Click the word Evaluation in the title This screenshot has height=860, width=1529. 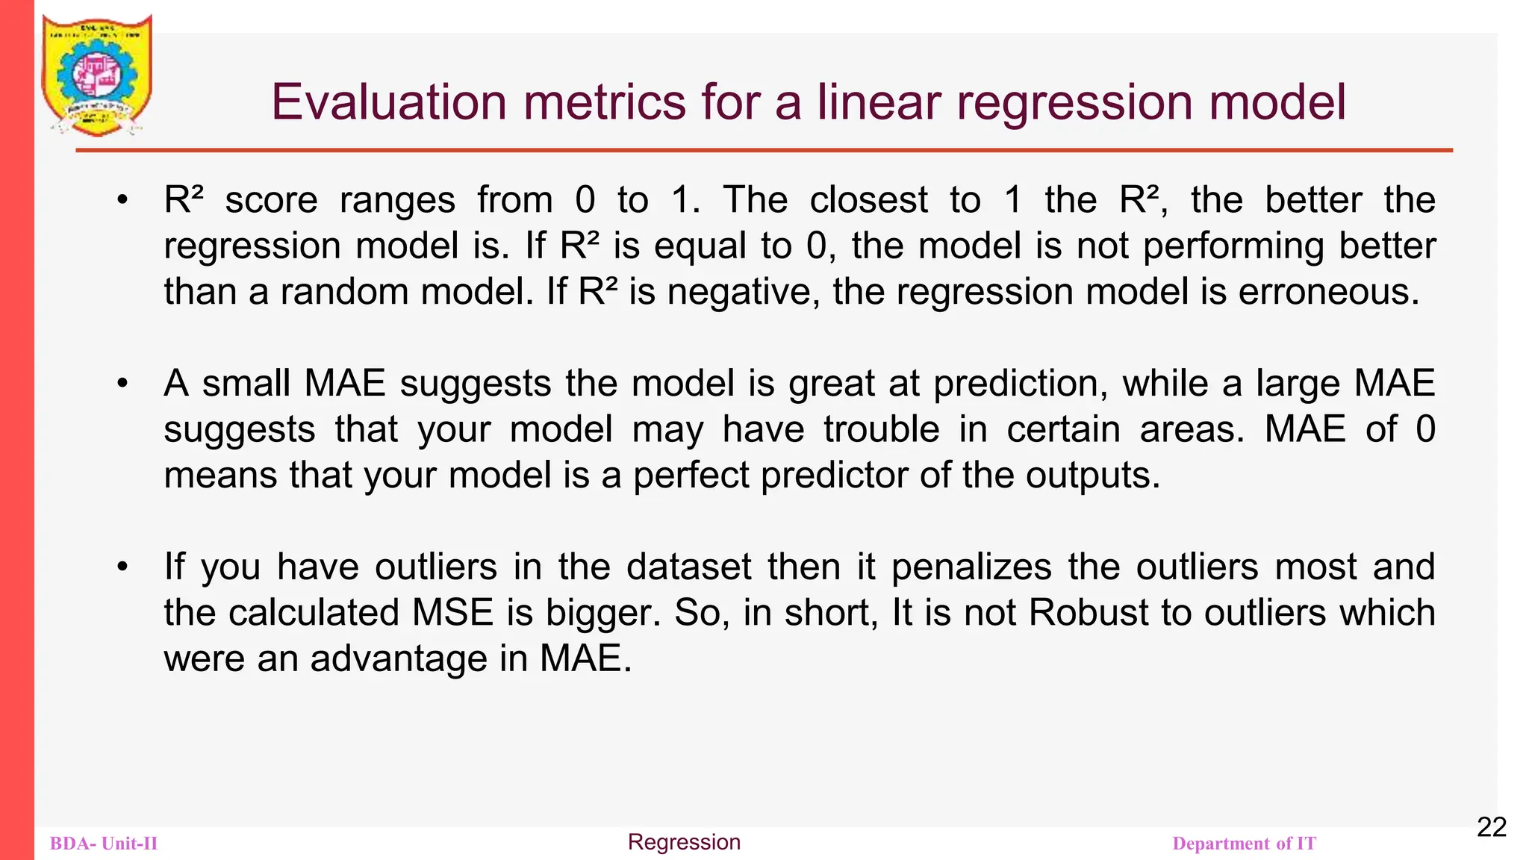point(388,102)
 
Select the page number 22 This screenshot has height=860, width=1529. point(1491,827)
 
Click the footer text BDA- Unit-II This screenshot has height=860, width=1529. point(104,844)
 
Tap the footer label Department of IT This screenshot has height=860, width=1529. point(1244,844)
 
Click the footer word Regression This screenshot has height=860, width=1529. point(684,842)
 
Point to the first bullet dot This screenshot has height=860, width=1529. point(122,200)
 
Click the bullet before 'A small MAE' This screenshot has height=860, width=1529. point(122,384)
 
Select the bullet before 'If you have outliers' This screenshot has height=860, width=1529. point(122,567)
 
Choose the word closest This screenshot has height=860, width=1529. point(868,200)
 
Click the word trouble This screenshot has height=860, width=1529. point(882,430)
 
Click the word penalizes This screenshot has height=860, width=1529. point(971,567)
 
